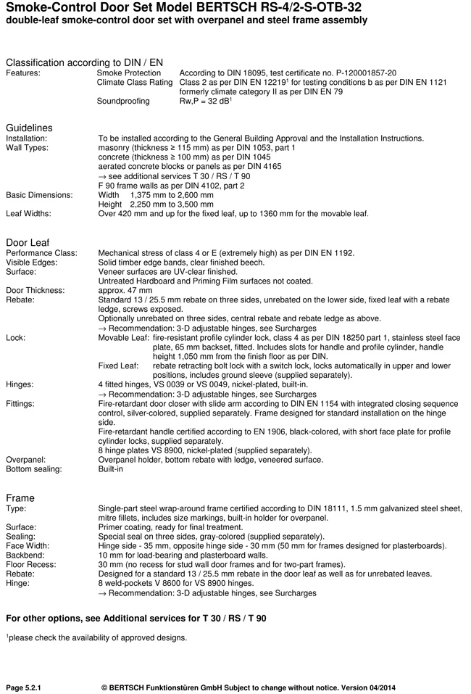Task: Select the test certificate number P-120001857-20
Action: pos(352,73)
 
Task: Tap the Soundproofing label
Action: pos(123,102)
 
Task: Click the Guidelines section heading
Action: pos(29,128)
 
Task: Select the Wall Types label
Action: pos(27,148)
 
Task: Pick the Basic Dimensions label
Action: pos(39,195)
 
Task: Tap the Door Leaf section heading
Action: pos(28,242)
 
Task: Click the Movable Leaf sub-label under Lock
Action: pos(123,338)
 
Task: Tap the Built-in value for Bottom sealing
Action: pos(111,469)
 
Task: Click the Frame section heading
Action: pos(20,498)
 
